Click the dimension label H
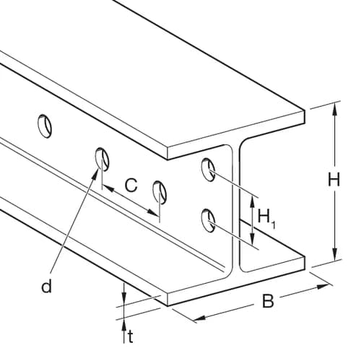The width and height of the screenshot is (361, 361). click(x=334, y=179)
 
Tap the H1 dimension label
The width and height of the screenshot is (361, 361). click(x=266, y=218)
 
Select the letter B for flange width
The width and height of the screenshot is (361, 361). click(x=268, y=301)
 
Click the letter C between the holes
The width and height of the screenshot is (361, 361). click(x=131, y=186)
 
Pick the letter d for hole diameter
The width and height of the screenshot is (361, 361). click(x=46, y=286)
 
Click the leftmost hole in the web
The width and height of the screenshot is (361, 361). click(x=45, y=126)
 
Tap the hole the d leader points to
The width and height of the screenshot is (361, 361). click(x=102, y=160)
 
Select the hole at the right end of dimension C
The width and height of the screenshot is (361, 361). click(x=160, y=192)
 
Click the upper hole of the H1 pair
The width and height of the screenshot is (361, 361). click(x=208, y=170)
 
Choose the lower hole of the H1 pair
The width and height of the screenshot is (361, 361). click(x=208, y=220)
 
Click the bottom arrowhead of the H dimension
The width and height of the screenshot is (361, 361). click(x=334, y=253)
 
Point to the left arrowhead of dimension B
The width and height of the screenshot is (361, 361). click(x=200, y=318)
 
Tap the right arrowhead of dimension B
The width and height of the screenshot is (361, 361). click(x=323, y=287)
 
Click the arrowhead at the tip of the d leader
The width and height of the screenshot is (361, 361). click(x=96, y=173)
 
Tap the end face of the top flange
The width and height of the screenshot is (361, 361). click(x=236, y=135)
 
